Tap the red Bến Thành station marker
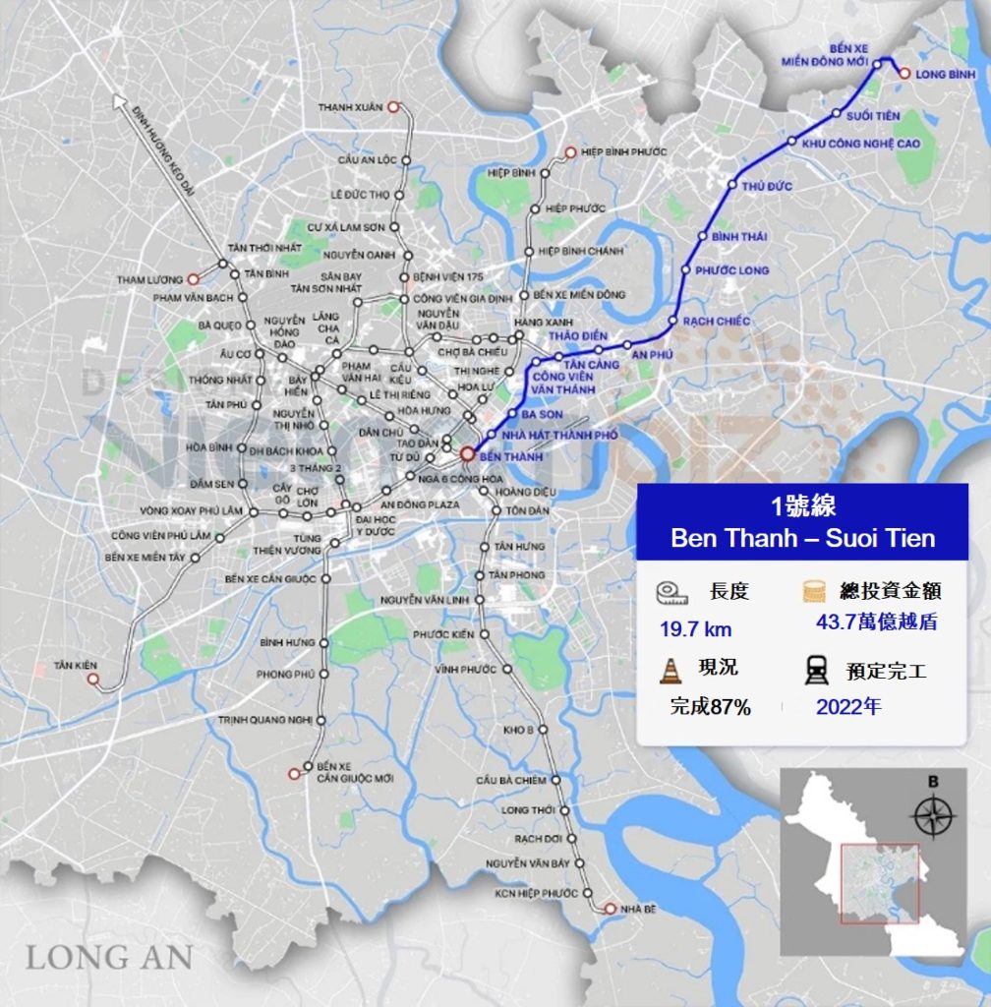[466, 455]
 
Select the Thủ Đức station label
[767, 185]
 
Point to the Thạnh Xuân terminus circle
[392, 107]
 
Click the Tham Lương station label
[150, 280]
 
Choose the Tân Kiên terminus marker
[92, 679]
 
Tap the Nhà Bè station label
[638, 909]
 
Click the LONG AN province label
[109, 956]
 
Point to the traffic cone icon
[670, 671]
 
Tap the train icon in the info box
[815, 671]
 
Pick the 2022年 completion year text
[848, 706]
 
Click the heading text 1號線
[802, 508]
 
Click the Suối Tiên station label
[873, 116]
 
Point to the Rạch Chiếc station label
[716, 322]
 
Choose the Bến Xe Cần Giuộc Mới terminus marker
[294, 773]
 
